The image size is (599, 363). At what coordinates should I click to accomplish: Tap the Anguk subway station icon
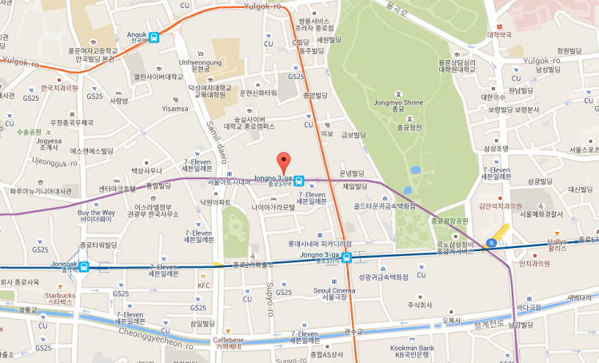[153, 36]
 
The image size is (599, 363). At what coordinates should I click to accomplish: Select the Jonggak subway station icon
[84, 267]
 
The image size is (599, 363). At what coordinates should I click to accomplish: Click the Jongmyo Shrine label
[397, 103]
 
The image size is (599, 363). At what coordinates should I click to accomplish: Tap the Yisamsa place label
[174, 109]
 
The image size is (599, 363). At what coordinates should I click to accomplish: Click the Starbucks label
[61, 296]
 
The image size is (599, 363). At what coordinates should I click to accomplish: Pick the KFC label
[204, 285]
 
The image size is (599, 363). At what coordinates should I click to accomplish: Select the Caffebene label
[228, 340]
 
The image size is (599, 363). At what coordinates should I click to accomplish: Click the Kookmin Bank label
[413, 349]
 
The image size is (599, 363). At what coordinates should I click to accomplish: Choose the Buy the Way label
[96, 213]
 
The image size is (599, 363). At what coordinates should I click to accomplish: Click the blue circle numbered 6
[490, 242]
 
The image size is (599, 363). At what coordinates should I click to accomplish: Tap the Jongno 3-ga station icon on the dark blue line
[347, 257]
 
